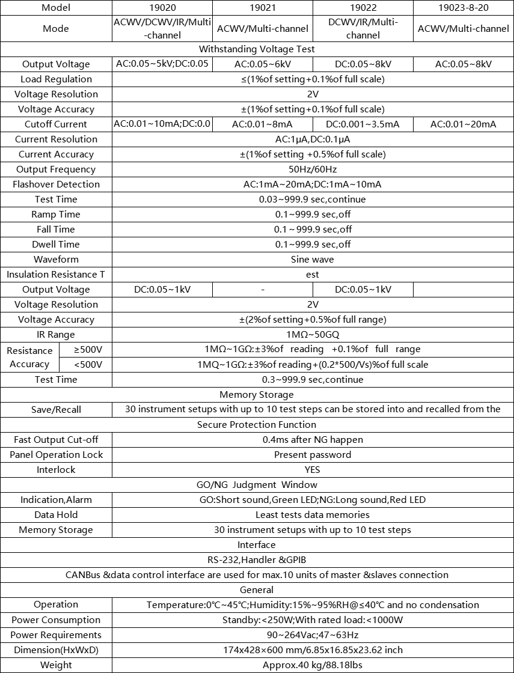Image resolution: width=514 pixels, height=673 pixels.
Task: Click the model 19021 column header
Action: (x=263, y=8)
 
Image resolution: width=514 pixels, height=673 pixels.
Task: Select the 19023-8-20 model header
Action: (x=463, y=8)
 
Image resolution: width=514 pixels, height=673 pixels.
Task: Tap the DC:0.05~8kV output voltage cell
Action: (x=363, y=64)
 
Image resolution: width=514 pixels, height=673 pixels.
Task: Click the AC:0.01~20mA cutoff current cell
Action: (x=463, y=124)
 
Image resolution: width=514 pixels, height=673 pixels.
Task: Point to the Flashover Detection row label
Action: (x=56, y=184)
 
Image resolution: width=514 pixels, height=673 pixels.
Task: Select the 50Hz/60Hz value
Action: (x=312, y=169)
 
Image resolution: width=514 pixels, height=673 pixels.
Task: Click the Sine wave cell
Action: (x=312, y=260)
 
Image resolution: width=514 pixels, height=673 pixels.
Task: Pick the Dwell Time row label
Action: (x=56, y=245)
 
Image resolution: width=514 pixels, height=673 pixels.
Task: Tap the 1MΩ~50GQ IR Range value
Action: (x=312, y=335)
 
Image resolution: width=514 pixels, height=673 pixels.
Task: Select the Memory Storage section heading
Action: (x=257, y=395)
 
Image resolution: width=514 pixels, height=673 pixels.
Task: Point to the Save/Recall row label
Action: (x=56, y=410)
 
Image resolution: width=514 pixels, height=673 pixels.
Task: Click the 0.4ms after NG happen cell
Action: (x=312, y=440)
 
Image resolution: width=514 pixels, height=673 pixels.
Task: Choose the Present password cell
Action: (x=312, y=455)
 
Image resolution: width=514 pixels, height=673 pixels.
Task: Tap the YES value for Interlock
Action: (x=312, y=470)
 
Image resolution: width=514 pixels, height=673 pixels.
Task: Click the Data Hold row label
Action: (x=56, y=515)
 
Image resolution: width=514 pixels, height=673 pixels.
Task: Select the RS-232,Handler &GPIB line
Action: (x=257, y=560)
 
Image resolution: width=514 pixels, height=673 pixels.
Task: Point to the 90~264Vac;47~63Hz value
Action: (x=312, y=635)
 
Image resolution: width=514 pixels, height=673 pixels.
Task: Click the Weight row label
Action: (x=56, y=665)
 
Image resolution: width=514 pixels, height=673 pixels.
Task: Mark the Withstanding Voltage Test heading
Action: (x=257, y=49)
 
